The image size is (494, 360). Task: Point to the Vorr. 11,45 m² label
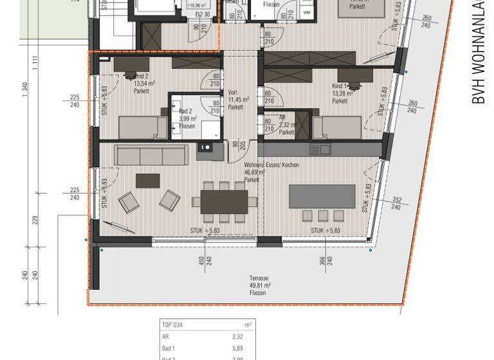point(235,100)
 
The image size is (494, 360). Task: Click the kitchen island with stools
point(322,196)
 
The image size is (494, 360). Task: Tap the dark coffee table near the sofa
point(147,181)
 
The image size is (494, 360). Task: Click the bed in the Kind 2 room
point(134,127)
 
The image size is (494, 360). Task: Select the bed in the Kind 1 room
point(337,127)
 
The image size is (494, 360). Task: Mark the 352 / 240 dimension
point(397,203)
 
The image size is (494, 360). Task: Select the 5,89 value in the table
point(237,348)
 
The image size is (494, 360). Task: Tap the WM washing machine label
point(306,12)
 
